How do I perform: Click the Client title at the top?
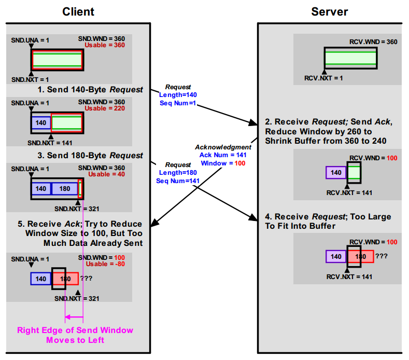pos(78,12)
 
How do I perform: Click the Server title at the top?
pos(330,12)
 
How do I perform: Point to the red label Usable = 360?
pos(105,45)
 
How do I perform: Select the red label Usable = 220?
pos(105,108)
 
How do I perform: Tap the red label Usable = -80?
pos(105,264)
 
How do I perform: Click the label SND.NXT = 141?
pos(50,143)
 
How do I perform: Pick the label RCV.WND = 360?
pos(373,42)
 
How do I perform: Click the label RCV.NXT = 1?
pos(323,78)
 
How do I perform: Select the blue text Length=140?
pos(178,95)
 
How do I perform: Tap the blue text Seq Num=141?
pos(178,181)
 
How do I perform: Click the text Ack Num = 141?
pos(223,155)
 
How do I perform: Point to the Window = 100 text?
pos(223,163)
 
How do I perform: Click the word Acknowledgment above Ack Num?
pos(223,147)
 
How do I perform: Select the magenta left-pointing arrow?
pos(74,317)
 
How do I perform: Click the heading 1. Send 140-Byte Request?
pos(90,90)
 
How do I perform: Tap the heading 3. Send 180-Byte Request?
pos(90,156)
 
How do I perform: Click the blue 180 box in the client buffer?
pos(65,189)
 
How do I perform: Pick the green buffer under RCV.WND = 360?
pos(350,58)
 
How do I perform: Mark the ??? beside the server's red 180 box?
pos(382,256)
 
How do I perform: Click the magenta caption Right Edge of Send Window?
pos(75,330)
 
